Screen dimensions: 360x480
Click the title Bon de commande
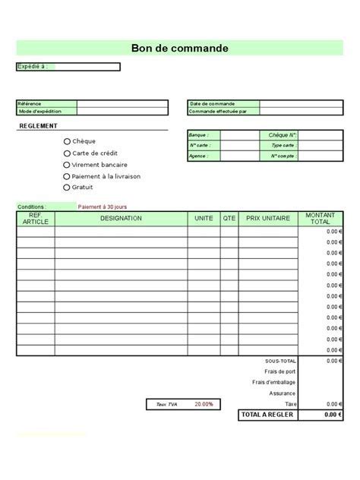(x=180, y=49)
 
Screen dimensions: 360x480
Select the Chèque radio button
(x=67, y=141)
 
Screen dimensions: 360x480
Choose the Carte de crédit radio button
(x=67, y=153)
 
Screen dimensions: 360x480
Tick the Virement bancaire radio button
(x=67, y=164)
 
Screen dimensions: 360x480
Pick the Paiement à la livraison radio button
(x=67, y=176)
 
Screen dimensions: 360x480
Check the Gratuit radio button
(x=67, y=187)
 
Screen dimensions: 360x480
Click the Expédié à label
(x=33, y=67)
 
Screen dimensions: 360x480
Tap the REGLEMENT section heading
(x=38, y=126)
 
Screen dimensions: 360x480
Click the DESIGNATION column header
(x=121, y=219)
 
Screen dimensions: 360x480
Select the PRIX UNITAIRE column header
(x=268, y=219)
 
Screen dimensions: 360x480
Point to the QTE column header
(x=229, y=219)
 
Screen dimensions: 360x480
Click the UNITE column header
(x=204, y=219)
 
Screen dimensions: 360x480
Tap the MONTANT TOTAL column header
(x=321, y=219)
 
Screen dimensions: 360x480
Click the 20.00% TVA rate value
(x=204, y=404)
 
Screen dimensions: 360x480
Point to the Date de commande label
(x=212, y=104)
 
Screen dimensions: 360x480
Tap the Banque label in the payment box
(x=198, y=134)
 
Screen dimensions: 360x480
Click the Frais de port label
(x=280, y=371)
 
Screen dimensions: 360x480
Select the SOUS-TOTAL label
(x=280, y=361)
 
